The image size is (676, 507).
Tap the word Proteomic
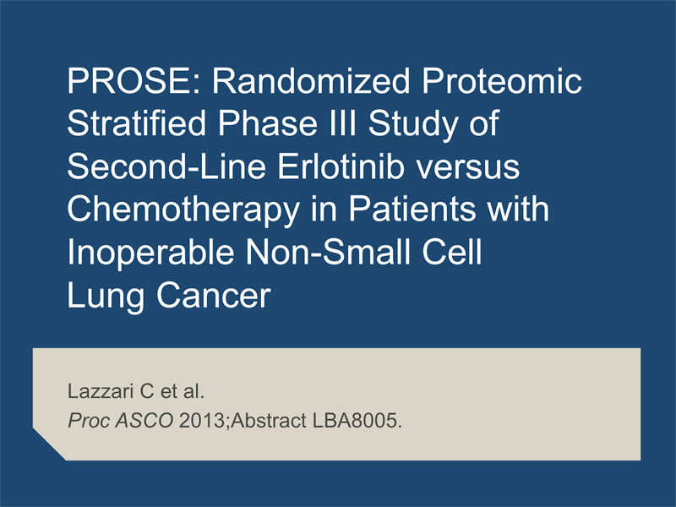(x=502, y=81)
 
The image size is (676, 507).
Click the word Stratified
(x=137, y=123)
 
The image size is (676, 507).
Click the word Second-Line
(x=166, y=166)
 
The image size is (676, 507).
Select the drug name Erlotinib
(x=341, y=166)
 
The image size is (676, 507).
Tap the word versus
(x=468, y=170)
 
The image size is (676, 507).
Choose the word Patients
(x=412, y=209)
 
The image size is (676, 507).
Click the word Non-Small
(x=328, y=252)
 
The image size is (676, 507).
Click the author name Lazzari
(x=101, y=391)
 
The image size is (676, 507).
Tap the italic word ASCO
(x=144, y=420)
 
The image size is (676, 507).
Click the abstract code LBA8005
(x=355, y=420)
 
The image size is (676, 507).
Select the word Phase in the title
(x=267, y=123)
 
